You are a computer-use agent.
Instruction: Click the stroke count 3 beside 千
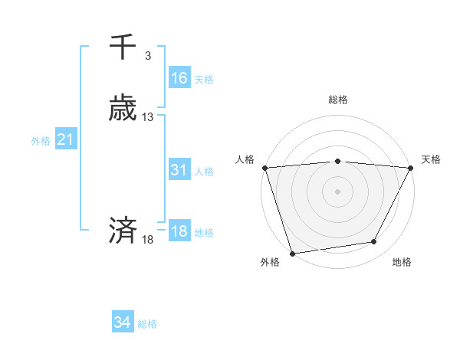tap(148, 55)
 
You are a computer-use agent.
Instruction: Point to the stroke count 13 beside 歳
tap(148, 117)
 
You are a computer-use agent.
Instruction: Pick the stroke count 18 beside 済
tap(148, 240)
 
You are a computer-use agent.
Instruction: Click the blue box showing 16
tap(179, 77)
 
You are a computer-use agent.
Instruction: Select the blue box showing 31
tap(179, 170)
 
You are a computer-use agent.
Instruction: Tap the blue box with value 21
tap(65, 139)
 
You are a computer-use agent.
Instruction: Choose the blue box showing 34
tap(122, 323)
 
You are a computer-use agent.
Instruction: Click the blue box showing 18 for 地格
tap(179, 231)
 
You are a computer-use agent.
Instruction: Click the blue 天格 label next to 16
tap(204, 80)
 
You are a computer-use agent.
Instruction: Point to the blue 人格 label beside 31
tap(204, 172)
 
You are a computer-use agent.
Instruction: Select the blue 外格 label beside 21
tap(41, 141)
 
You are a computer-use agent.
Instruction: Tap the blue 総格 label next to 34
tap(147, 325)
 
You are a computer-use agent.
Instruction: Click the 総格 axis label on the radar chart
tap(337, 100)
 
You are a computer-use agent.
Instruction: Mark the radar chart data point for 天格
tap(410, 168)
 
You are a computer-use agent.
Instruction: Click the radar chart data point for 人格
tap(264, 168)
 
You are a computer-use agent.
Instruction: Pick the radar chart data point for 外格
tap(292, 253)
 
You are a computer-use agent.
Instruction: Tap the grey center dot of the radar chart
tap(337, 191)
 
